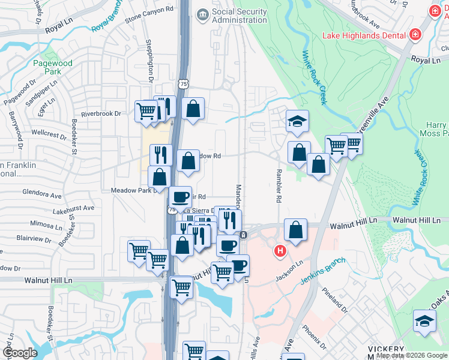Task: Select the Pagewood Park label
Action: (53, 67)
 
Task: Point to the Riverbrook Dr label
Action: (101, 113)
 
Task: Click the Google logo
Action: (20, 353)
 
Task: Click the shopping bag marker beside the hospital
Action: (295, 230)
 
